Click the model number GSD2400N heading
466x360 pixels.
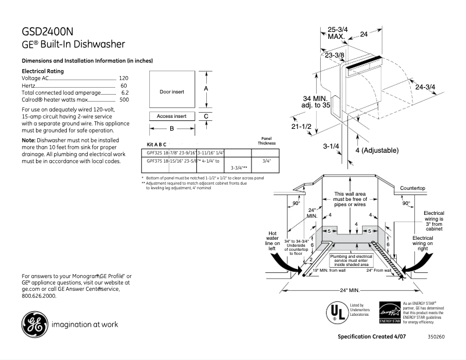pos(48,32)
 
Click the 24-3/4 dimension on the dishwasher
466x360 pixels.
pos(425,87)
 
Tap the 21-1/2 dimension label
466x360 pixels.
pos(302,126)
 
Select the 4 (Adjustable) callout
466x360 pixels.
pos(377,150)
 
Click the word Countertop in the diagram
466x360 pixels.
pos(413,188)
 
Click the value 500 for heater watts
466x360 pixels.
pos(124,99)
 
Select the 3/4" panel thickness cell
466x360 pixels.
pos(267,160)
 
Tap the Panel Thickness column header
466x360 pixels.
pos(267,142)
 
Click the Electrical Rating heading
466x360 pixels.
pos(42,71)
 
